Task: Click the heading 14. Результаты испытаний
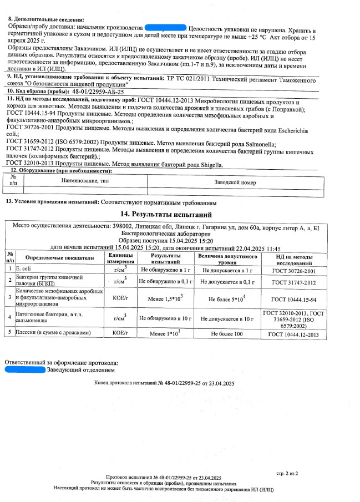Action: click(165, 214)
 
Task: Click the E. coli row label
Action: click(25, 270)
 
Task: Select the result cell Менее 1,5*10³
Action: click(164, 298)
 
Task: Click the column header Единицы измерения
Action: click(120, 257)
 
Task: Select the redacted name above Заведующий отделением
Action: click(24, 369)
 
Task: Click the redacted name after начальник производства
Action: click(165, 27)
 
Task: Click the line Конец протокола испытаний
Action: click(164, 383)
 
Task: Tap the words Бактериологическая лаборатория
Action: click(165, 234)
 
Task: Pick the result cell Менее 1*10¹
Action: click(164, 334)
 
